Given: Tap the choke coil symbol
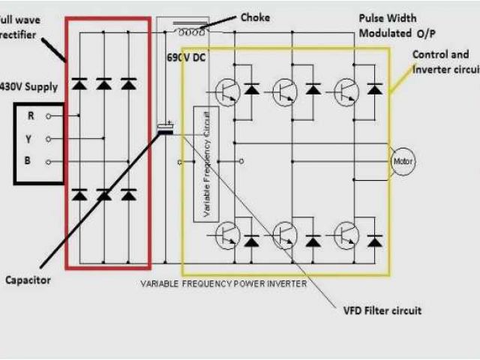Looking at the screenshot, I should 190,31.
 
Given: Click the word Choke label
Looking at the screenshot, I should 255,16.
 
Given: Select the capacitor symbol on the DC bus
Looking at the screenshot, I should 165,130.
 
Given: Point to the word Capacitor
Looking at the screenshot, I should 28,280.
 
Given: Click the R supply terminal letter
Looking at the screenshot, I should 31,115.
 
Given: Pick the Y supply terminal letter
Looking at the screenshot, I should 31,139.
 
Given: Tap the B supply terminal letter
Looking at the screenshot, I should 31,161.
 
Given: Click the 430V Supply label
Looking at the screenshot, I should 30,87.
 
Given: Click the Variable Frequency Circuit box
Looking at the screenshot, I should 200,162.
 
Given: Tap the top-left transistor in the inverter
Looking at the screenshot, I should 224,91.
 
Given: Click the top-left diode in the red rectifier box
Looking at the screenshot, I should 79,84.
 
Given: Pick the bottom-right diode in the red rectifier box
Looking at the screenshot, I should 128,195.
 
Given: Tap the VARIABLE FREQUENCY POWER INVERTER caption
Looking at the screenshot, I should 223,283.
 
